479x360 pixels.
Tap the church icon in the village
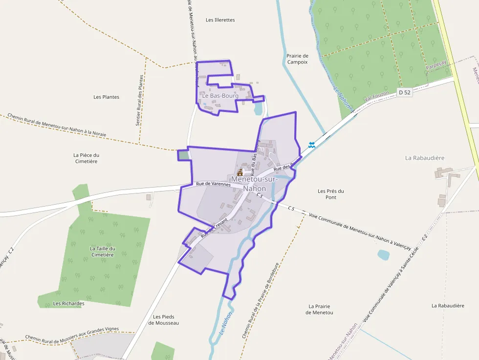(x=240, y=172)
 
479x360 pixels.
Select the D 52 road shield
(x=405, y=92)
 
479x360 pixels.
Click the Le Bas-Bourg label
(x=220, y=96)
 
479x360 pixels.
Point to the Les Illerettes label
(x=220, y=20)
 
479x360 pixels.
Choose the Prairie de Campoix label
(x=297, y=59)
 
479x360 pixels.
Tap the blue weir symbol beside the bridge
(x=312, y=145)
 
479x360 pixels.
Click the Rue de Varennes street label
(x=213, y=184)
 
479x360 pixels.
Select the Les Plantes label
(x=106, y=97)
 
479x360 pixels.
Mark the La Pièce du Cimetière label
(x=86, y=158)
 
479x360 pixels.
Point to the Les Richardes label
(x=68, y=303)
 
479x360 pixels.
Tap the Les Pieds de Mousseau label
(x=163, y=320)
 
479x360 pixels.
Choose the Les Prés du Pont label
(x=331, y=194)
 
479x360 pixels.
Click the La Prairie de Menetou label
(x=320, y=309)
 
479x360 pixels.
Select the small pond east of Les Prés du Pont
(x=384, y=254)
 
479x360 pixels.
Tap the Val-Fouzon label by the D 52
(x=376, y=96)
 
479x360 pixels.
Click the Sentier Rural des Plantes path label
(x=141, y=100)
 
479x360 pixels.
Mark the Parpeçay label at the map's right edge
(x=436, y=66)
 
